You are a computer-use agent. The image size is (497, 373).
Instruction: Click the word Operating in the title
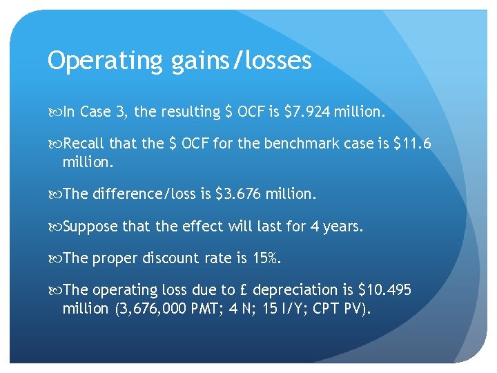coord(103,61)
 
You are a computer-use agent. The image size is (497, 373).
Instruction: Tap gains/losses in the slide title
coord(237,61)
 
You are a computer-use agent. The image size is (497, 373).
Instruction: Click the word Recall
coord(84,144)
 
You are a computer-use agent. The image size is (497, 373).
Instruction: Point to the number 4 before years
coord(313,227)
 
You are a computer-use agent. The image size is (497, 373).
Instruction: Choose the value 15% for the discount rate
coord(267,258)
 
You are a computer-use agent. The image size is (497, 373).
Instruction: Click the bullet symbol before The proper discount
coord(55,259)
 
